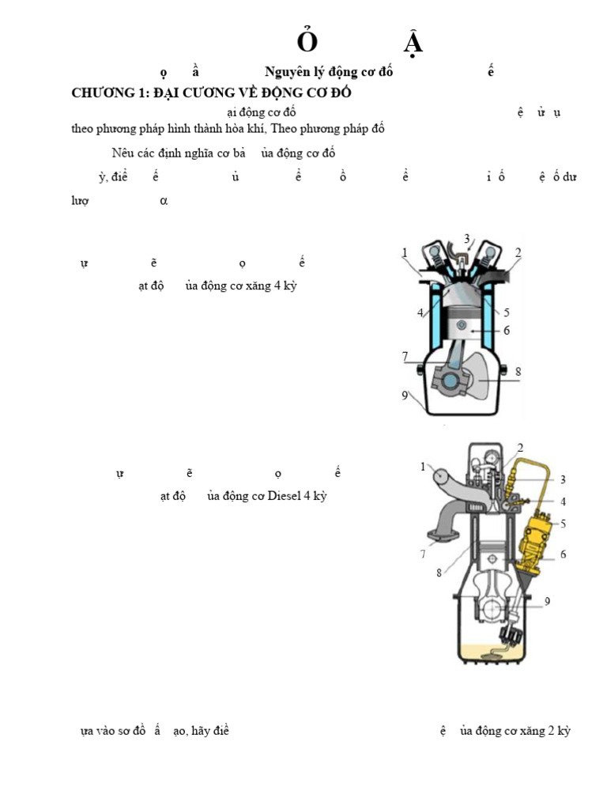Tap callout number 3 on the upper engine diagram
tap(467, 239)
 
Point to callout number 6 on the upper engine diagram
tap(507, 331)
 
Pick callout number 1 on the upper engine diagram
tap(405, 253)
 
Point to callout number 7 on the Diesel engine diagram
tap(423, 555)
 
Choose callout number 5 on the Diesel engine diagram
tap(564, 523)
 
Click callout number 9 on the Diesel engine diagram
tap(547, 601)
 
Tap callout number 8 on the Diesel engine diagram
tap(439, 573)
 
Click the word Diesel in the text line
tap(285, 496)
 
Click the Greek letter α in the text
tap(164, 201)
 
